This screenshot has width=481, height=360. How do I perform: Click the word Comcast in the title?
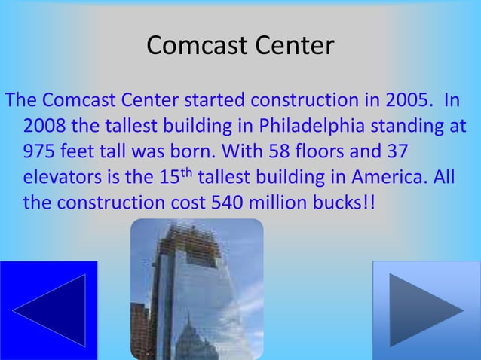point(191,46)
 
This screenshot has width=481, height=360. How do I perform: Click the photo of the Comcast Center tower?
point(197,289)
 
